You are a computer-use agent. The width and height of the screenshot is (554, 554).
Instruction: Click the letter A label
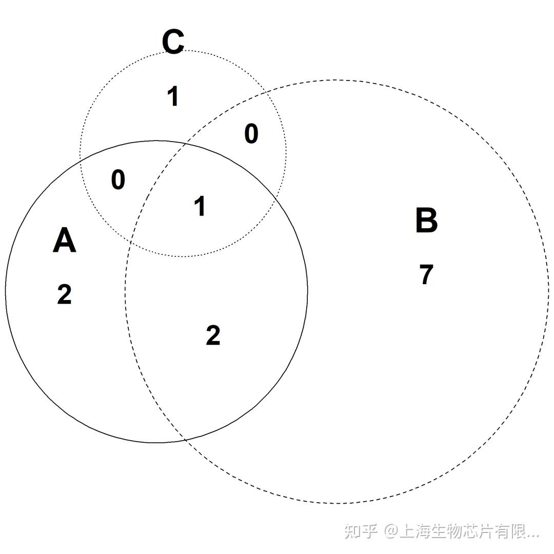pyautogui.click(x=64, y=241)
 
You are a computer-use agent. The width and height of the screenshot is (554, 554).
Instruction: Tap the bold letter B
pyautogui.click(x=426, y=221)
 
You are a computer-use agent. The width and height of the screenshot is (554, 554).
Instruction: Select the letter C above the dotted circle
pyautogui.click(x=173, y=42)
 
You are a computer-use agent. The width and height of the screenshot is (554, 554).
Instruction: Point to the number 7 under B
pyautogui.click(x=426, y=274)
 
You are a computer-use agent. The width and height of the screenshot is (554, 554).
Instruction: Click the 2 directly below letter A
pyautogui.click(x=64, y=294)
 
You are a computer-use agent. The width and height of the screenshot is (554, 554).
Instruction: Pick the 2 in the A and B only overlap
pyautogui.click(x=213, y=335)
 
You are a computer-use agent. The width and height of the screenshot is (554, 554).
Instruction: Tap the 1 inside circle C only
pyautogui.click(x=173, y=96)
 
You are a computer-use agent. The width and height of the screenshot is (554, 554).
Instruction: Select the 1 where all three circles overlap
pyautogui.click(x=200, y=206)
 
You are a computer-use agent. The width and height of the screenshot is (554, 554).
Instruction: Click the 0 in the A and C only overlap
pyautogui.click(x=118, y=180)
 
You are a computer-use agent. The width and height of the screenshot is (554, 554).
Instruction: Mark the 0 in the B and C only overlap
pyautogui.click(x=251, y=134)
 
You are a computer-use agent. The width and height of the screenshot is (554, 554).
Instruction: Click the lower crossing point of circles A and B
pyautogui.click(x=185, y=440)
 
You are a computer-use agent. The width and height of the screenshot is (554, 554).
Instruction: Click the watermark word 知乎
pyautogui.click(x=361, y=531)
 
